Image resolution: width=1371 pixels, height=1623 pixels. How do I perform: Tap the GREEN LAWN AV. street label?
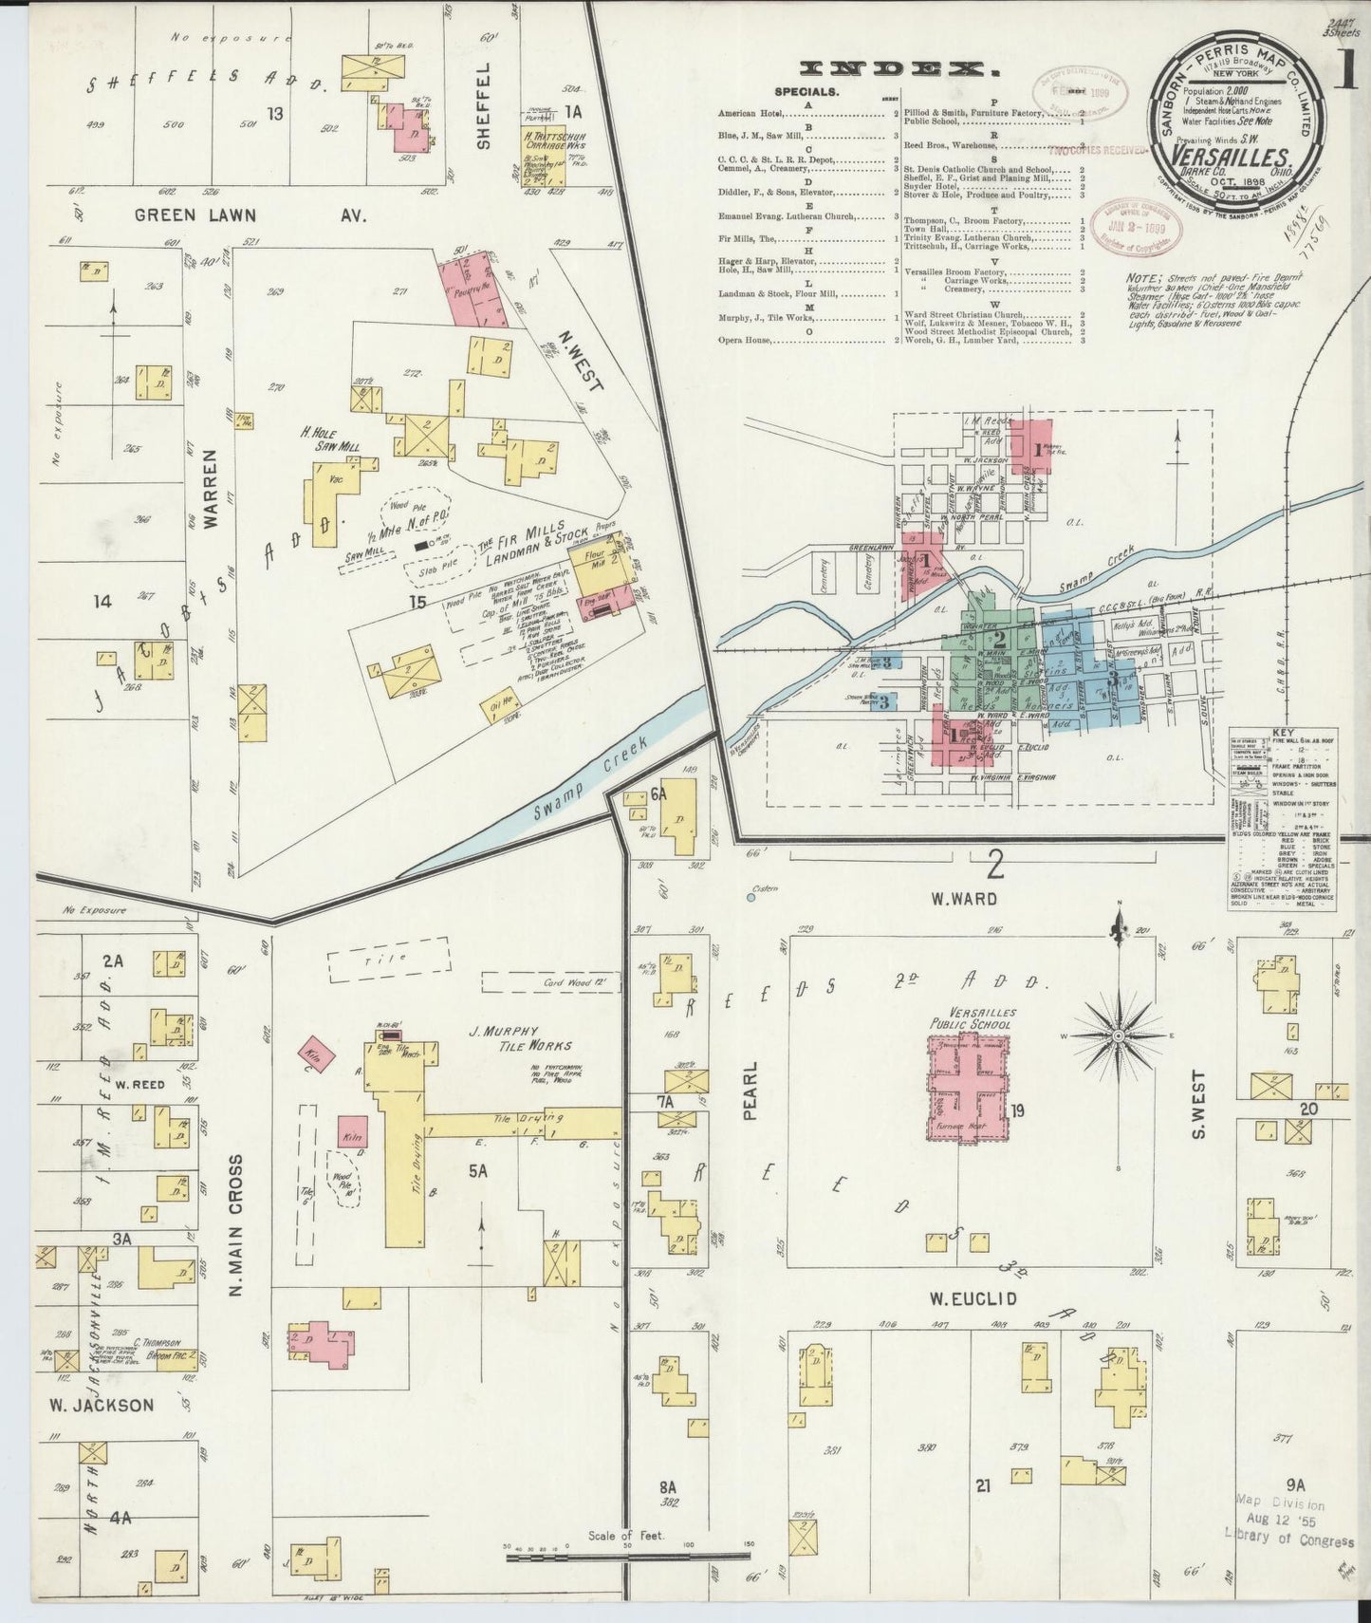pyautogui.click(x=250, y=215)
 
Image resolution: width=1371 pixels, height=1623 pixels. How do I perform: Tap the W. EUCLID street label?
pyautogui.click(x=971, y=1297)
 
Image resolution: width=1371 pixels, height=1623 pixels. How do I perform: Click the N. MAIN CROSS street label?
pyautogui.click(x=235, y=1238)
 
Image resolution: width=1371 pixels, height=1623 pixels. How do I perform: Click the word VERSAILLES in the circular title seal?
pyautogui.click(x=1231, y=156)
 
